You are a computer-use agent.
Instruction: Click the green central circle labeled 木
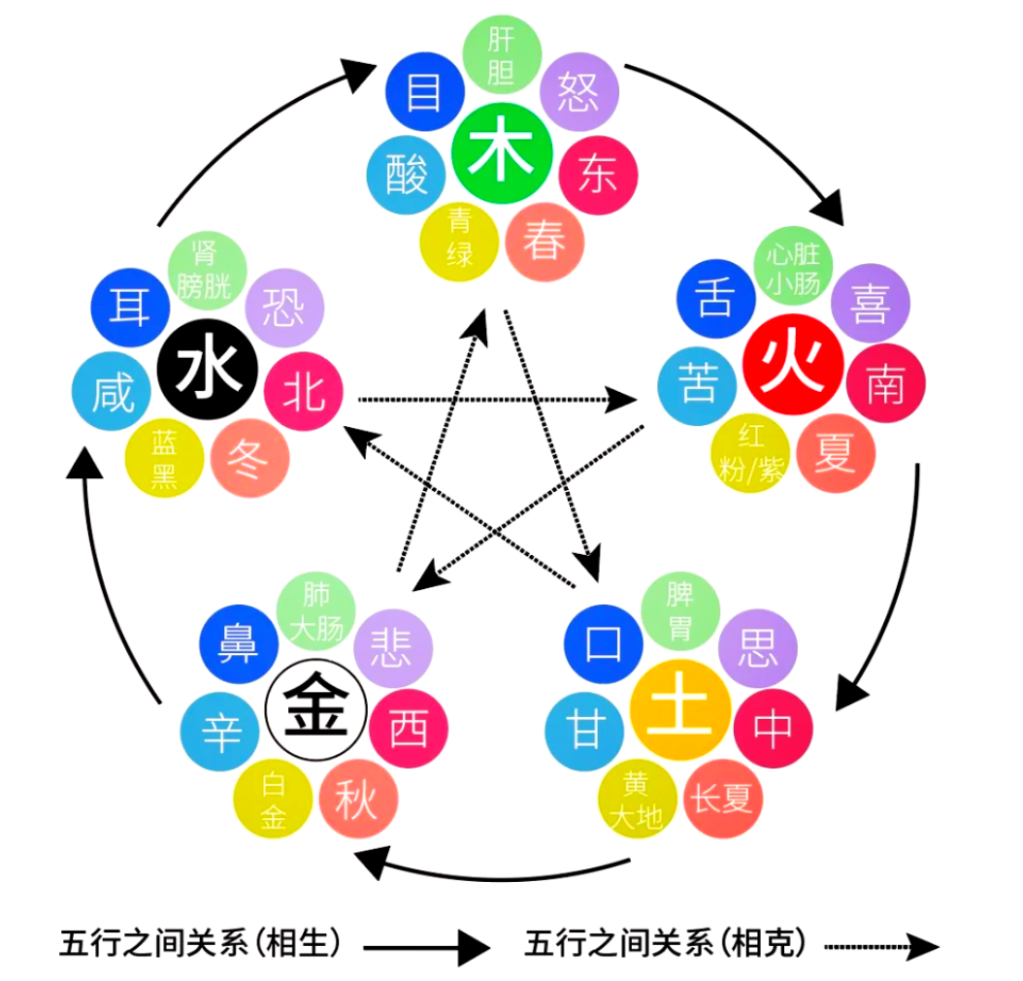point(502,154)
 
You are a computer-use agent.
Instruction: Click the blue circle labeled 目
point(423,93)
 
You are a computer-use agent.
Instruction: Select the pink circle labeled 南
point(884,383)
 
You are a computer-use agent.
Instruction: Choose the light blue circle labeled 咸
point(113,392)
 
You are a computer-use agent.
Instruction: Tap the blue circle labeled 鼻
point(238,644)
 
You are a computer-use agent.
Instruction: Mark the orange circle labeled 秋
point(356,801)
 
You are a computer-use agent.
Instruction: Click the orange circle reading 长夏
point(722,799)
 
